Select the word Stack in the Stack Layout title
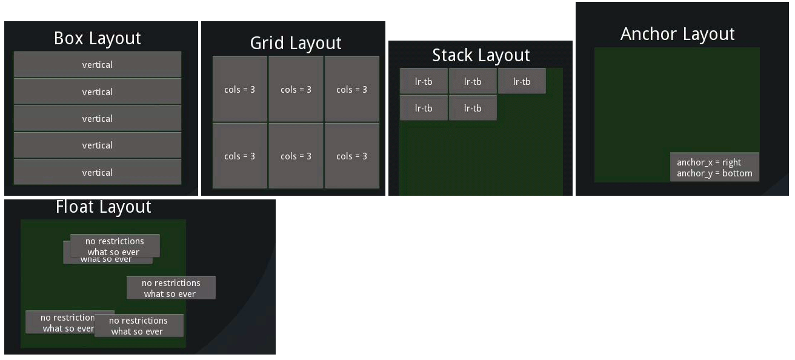[x=451, y=56]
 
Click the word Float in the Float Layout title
[x=75, y=207]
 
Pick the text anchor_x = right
[x=709, y=162]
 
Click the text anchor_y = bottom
[x=714, y=173]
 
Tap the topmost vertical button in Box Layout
[x=97, y=65]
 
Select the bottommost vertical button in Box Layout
[x=97, y=172]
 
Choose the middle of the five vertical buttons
[x=97, y=118]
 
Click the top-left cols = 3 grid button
[x=239, y=89]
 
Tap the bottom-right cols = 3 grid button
[x=351, y=156]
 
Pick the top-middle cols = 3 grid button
[x=296, y=89]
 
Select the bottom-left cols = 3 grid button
[x=239, y=156]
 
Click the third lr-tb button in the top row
[x=522, y=81]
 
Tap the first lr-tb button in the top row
[x=424, y=81]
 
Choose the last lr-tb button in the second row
[x=473, y=108]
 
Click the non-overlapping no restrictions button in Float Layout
[x=171, y=288]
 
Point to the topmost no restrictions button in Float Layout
[x=115, y=245]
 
